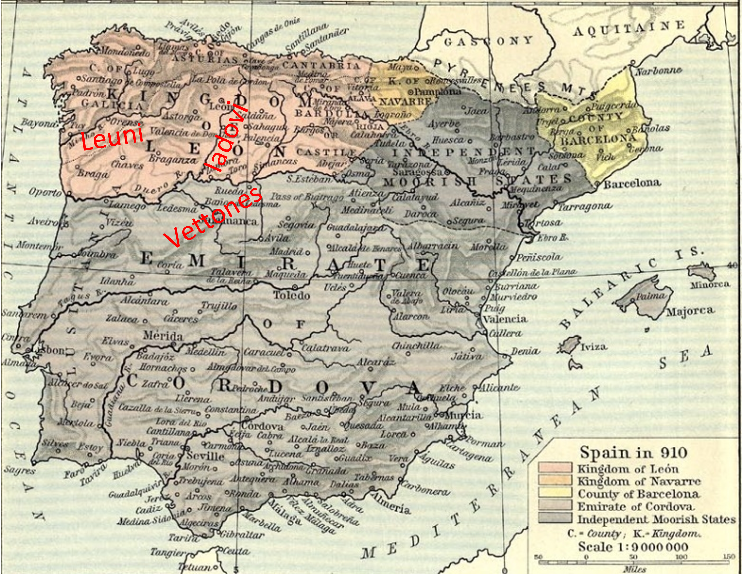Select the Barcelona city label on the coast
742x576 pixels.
coord(632,184)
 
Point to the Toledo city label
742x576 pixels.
coord(292,295)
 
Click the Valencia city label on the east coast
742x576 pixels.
coord(505,319)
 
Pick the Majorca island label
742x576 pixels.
coord(690,311)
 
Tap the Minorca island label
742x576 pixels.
coord(710,285)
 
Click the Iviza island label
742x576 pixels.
coord(593,347)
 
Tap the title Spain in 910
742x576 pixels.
coord(633,453)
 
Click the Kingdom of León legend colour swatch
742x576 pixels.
coord(555,468)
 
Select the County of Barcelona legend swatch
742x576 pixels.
coord(555,493)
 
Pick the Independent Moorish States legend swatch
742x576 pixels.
coord(555,518)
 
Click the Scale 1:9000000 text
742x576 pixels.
coord(633,547)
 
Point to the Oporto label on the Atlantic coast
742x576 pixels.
coord(45,193)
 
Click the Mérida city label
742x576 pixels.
coord(163,336)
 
